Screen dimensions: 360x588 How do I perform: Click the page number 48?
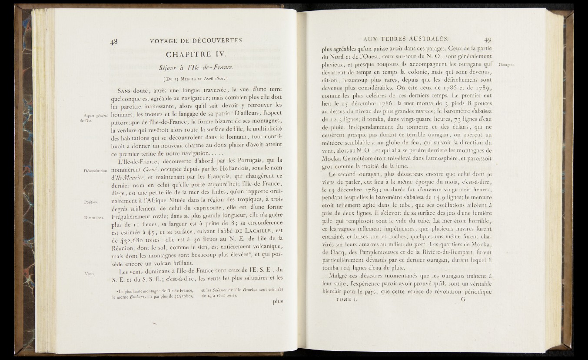click(x=114, y=41)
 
